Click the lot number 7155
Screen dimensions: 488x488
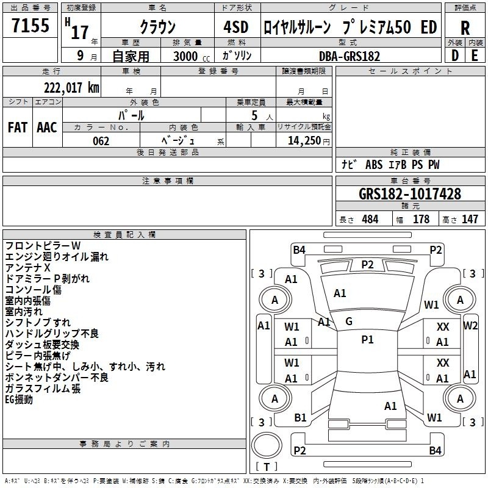[x=30, y=25]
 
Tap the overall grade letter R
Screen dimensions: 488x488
[x=465, y=28]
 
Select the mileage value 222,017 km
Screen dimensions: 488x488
[x=71, y=88]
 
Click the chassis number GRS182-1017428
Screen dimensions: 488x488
[x=409, y=193]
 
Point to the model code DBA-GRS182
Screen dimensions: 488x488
[x=350, y=56]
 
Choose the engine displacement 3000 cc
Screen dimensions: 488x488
[x=192, y=56]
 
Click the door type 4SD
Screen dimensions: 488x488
[x=236, y=27]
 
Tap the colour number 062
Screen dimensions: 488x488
[x=101, y=141]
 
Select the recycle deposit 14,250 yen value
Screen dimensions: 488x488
[x=309, y=141]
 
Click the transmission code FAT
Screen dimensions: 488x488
[x=18, y=127]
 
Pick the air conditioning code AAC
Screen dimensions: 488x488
[x=47, y=127]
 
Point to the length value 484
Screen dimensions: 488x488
[x=370, y=219]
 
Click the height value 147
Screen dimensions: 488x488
[x=470, y=219]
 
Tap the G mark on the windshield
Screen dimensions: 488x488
[x=349, y=321]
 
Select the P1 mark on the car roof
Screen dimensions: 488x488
[x=367, y=340]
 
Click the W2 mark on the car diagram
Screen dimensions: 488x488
[x=470, y=326]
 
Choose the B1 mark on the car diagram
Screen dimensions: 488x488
[x=300, y=418]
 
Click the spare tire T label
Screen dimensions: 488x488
[x=267, y=467]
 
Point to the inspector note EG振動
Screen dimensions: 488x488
[x=19, y=400]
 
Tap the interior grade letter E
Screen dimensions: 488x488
[x=475, y=56]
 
